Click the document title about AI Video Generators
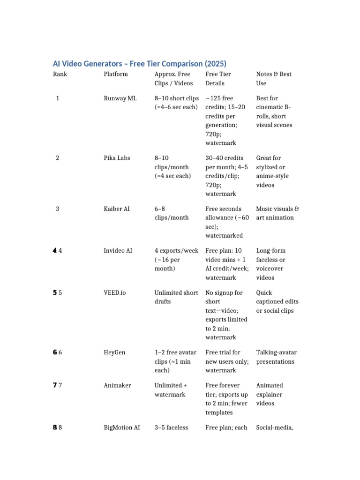coord(139,64)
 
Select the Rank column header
coord(60,74)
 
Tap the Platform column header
coord(115,74)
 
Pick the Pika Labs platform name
coord(117,158)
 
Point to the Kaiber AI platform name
coord(117,209)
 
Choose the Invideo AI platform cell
coord(119,250)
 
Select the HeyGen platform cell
coord(114,352)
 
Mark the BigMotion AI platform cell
coord(121,427)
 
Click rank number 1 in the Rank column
coord(58,98)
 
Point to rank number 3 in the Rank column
coord(58,209)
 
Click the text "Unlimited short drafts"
coord(176,297)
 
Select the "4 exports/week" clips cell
coord(176,251)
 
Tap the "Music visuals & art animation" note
coord(277,213)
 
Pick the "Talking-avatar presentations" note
coord(276,357)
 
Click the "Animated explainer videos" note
coord(270,394)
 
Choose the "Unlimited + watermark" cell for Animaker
coord(171,390)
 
